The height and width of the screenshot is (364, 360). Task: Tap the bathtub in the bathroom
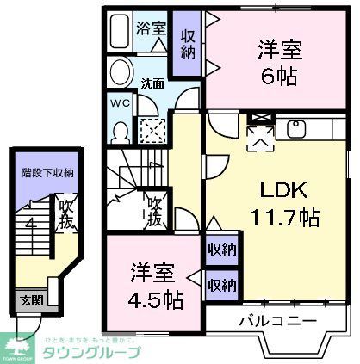pos(122,28)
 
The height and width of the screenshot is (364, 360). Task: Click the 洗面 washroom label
pos(152,84)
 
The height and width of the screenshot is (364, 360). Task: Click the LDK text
pos(276,189)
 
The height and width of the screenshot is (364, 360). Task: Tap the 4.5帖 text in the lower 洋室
pos(154,300)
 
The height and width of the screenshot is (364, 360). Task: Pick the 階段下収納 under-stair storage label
pos(47,172)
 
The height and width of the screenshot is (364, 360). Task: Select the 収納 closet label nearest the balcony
pos(221,284)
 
